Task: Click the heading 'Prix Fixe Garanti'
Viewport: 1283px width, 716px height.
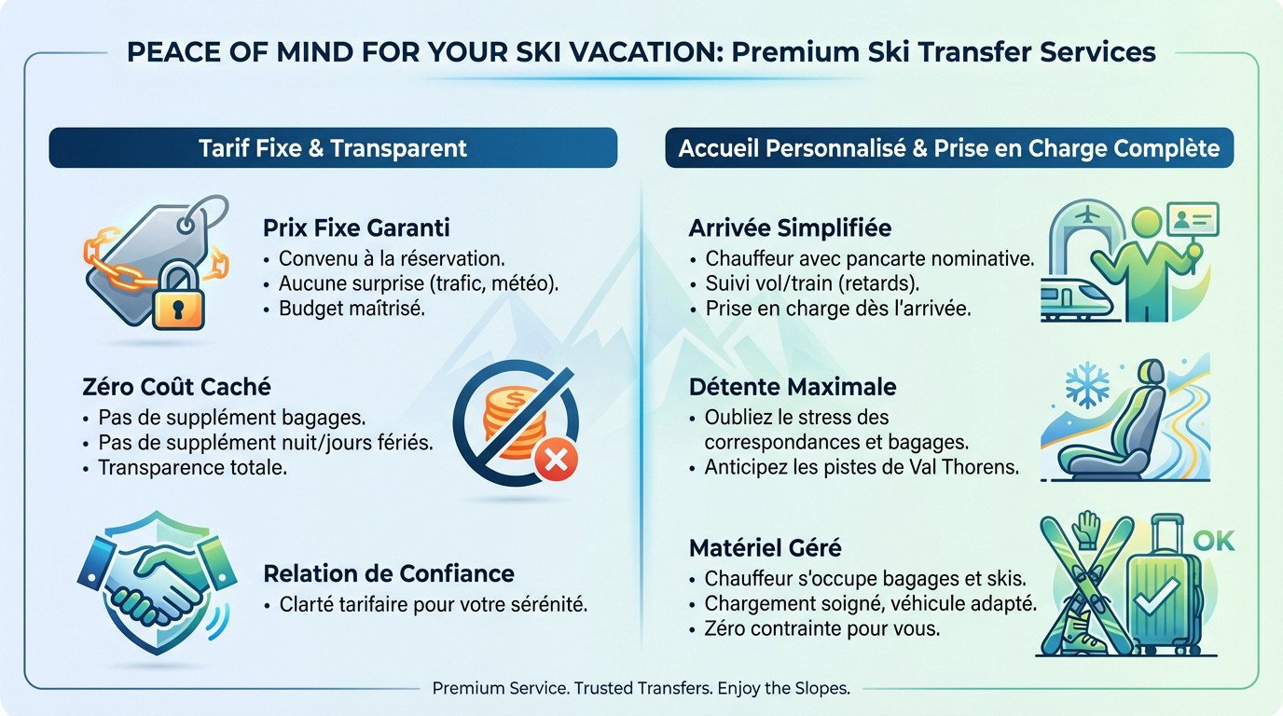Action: [x=357, y=227]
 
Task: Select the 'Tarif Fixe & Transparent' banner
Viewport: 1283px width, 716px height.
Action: [x=333, y=148]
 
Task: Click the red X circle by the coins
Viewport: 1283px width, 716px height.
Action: [x=557, y=459]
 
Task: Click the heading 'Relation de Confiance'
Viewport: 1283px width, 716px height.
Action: [x=389, y=572]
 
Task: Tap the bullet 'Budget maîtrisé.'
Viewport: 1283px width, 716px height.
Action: [x=352, y=309]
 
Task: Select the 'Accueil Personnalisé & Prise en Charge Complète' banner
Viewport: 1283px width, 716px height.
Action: [x=949, y=148]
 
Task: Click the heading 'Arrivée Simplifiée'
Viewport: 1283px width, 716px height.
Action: [x=790, y=228]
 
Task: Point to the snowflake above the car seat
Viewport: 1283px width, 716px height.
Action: [x=1087, y=385]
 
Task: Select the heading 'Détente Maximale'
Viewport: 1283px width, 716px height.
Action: [x=793, y=387]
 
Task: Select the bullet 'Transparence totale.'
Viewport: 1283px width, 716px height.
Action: [x=191, y=467]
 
